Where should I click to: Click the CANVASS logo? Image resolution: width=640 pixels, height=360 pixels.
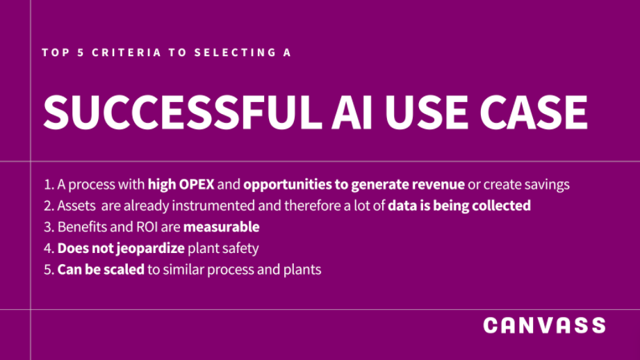coord(544,325)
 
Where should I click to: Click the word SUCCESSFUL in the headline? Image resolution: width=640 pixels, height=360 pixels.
coord(183,113)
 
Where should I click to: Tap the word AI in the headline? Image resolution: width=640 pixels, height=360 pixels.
coord(352,113)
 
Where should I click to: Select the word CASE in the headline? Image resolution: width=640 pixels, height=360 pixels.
coord(534,113)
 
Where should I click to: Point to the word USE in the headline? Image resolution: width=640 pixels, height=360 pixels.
coord(426,113)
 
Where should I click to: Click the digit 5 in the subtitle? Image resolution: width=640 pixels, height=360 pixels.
coord(81,53)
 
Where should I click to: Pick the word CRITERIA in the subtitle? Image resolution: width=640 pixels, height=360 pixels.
coord(126,53)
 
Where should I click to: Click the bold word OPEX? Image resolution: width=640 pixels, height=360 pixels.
coord(197,184)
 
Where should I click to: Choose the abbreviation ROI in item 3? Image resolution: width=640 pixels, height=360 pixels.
coord(147,227)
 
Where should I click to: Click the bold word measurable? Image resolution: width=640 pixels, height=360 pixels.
coord(221,227)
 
